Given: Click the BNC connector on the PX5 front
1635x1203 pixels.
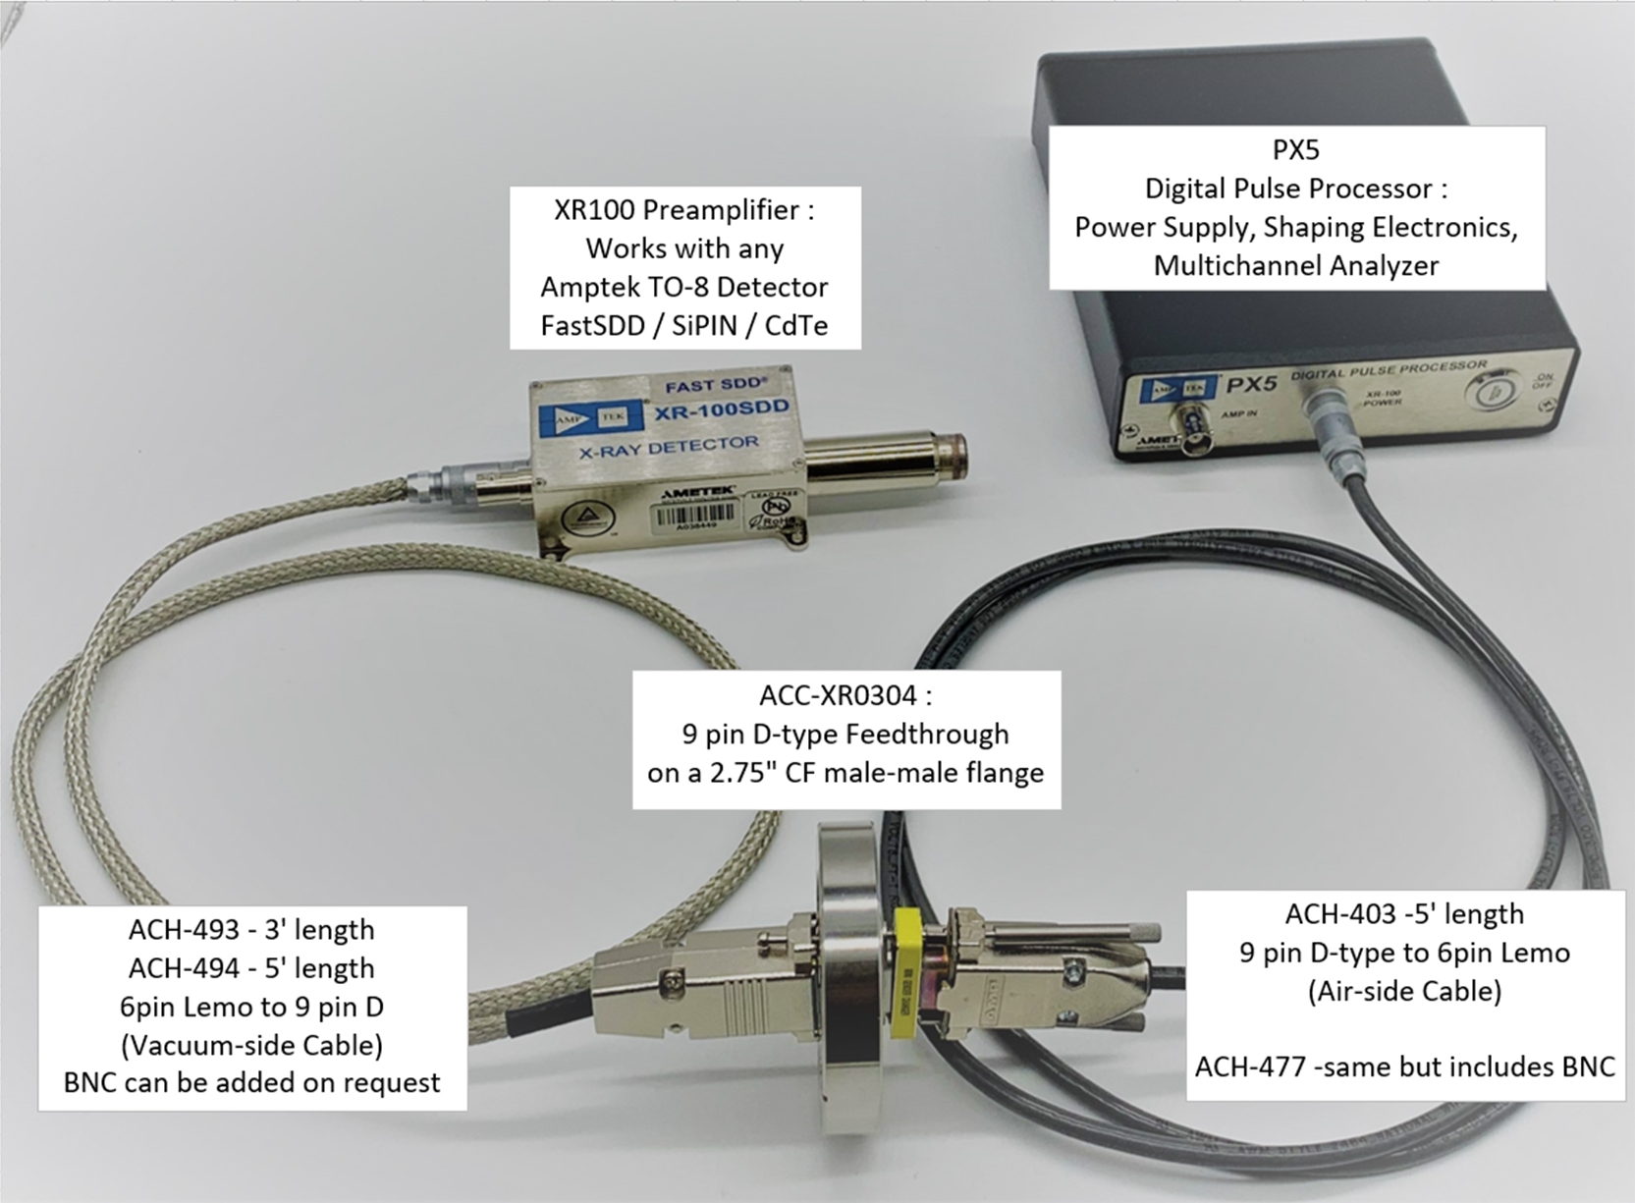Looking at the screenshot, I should click(1200, 431).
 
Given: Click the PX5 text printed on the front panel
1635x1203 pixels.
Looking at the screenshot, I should click(1252, 384).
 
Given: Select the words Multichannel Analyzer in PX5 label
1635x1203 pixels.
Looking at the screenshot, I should click(1295, 265).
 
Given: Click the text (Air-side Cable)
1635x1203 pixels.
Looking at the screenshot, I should click(1404, 991).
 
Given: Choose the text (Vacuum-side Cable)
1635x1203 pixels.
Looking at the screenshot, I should click(251, 1044).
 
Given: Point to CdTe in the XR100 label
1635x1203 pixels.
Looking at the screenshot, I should click(795, 325).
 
